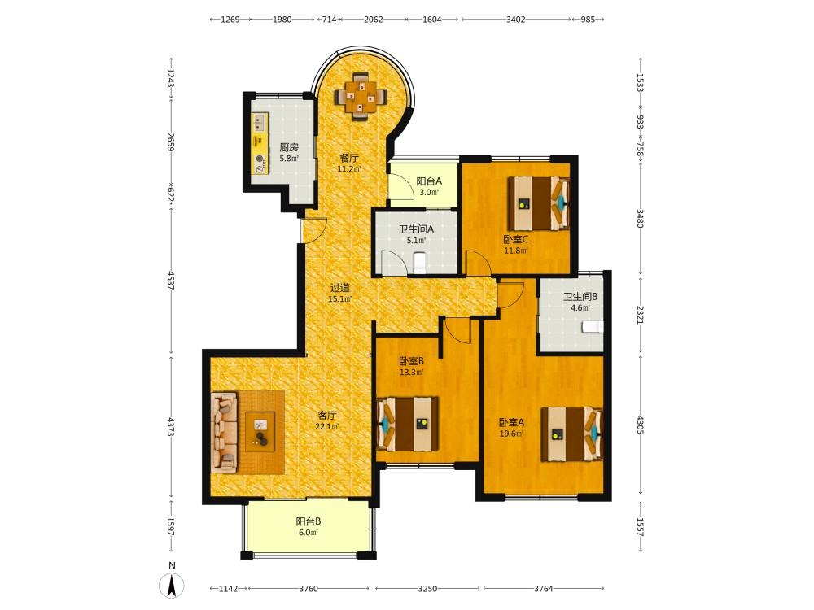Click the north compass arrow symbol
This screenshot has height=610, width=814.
tap(172, 586)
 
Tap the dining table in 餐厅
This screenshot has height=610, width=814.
tap(361, 97)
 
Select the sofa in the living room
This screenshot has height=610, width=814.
tap(225, 432)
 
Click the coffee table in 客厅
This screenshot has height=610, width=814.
tap(260, 432)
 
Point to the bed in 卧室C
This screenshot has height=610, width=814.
tap(538, 204)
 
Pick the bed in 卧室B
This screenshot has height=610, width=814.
tap(408, 424)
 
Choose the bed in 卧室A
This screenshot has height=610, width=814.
tap(571, 434)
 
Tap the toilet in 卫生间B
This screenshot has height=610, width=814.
tap(593, 327)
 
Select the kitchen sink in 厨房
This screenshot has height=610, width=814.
tap(260, 123)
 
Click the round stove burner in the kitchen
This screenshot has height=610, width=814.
tap(260, 159)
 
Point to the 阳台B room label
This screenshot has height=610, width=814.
tap(309, 521)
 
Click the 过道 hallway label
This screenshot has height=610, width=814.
tap(340, 287)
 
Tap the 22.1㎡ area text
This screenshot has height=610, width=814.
tap(327, 427)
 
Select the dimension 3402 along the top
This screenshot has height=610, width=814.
tap(515, 20)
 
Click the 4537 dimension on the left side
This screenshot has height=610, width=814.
tap(171, 280)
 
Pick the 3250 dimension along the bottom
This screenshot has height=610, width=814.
tap(427, 589)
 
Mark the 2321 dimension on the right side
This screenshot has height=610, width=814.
tap(640, 315)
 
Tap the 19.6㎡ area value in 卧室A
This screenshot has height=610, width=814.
tap(511, 434)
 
